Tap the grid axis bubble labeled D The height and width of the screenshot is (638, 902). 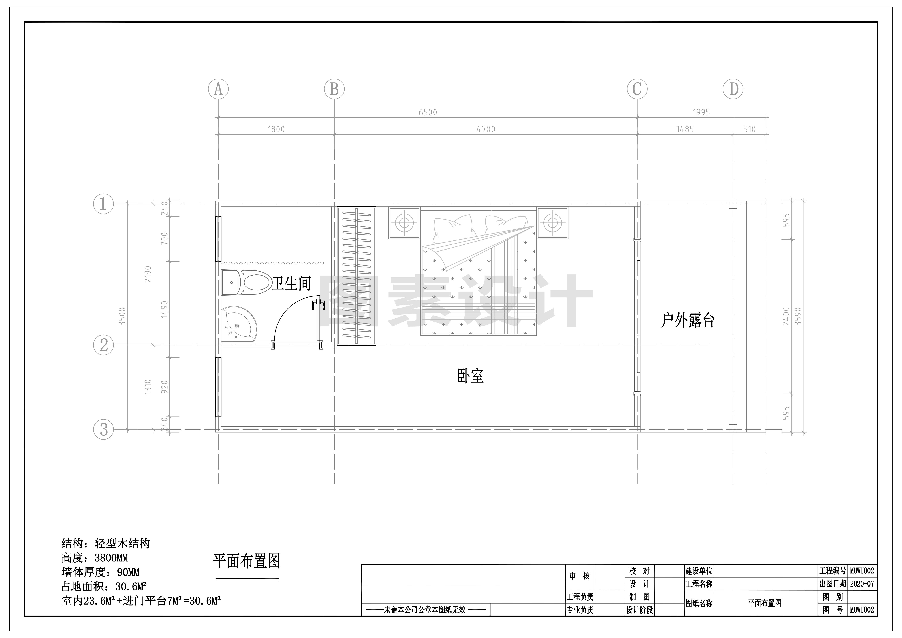(x=733, y=89)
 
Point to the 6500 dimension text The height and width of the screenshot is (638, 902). (x=428, y=112)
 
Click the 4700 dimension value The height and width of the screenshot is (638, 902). (x=486, y=129)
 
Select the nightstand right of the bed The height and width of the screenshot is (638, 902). (x=552, y=223)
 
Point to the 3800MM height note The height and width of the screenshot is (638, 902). (x=112, y=558)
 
